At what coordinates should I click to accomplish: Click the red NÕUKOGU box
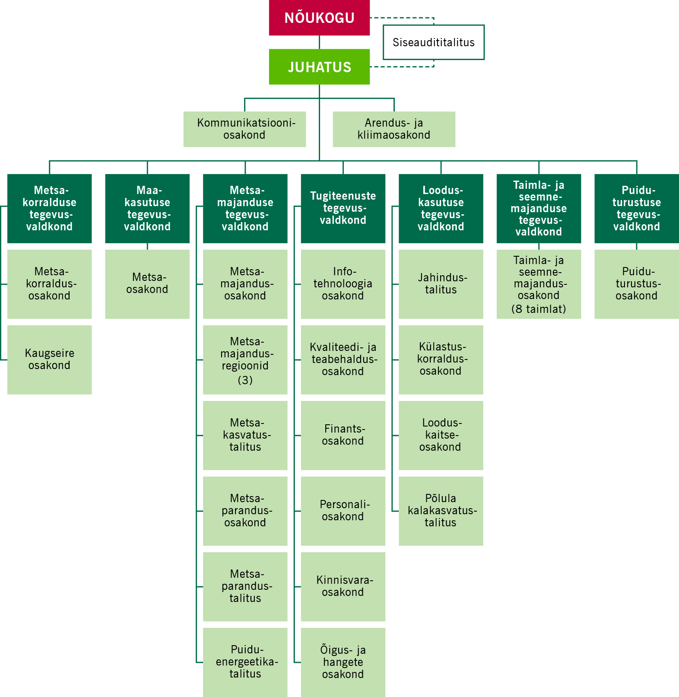pos(319,18)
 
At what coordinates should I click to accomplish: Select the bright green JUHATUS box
pos(319,67)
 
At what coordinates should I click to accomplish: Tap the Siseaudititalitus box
pos(433,42)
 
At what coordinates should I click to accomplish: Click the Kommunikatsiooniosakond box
pos(244,129)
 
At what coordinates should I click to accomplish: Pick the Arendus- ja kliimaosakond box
pos(393,129)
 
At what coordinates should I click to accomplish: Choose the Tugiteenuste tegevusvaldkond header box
pos(343,208)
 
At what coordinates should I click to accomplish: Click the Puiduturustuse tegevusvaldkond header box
pos(636,208)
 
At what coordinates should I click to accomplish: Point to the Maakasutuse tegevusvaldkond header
pos(147,208)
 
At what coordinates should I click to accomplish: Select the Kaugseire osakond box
pos(49,360)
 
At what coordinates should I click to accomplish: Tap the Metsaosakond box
pos(147,284)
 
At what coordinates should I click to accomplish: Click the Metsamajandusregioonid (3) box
pos(245,360)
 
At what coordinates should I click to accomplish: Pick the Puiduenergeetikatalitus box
pos(245,662)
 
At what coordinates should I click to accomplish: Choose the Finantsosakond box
pos(343,435)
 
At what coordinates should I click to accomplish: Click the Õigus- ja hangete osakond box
pos(343,662)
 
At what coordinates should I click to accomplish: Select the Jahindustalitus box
pos(441,284)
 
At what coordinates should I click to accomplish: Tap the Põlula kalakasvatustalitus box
pos(441,511)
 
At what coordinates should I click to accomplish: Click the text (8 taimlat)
pos(539,309)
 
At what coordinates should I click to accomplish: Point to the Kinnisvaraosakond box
pos(343,586)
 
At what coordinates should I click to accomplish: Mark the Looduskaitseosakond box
pos(441,435)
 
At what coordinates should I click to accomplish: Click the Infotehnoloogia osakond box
pos(343,284)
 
